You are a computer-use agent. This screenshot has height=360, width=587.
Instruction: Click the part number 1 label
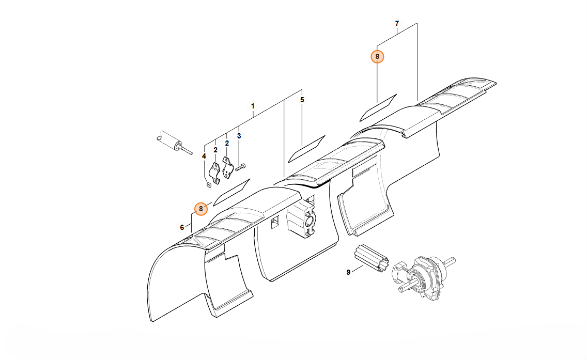253,106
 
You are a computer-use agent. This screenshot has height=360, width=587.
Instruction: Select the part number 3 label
239,136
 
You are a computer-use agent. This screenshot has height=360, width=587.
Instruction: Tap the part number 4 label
204,156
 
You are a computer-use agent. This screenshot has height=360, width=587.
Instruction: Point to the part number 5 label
302,100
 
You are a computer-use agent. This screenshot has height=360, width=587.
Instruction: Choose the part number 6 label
182,227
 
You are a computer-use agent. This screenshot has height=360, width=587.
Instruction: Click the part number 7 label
397,23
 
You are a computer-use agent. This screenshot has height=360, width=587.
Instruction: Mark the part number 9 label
348,272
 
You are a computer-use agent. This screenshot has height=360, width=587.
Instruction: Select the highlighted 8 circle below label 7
377,56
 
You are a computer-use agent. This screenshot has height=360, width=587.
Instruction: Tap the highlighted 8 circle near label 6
200,209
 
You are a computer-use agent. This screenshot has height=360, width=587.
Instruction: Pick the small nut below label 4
209,184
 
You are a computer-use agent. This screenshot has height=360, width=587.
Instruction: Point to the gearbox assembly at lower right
423,276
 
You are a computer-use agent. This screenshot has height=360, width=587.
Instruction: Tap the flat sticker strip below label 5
306,149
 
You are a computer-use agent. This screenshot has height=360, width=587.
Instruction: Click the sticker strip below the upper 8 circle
378,108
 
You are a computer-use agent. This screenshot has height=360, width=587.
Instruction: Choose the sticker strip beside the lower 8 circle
231,192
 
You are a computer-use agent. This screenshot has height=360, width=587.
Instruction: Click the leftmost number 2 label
215,150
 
